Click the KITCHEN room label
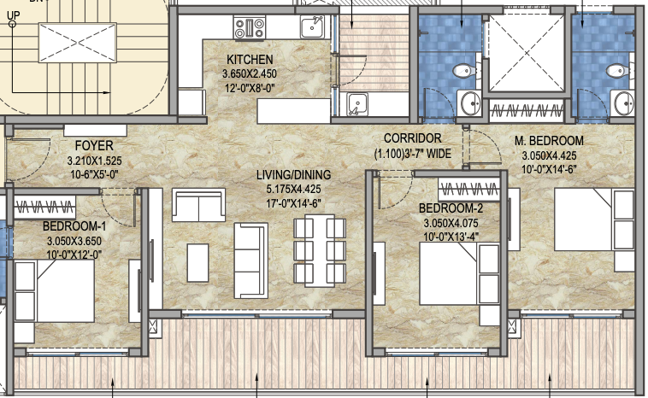pos(250,60)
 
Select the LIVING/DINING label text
pos(293,175)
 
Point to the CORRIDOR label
pos(412,138)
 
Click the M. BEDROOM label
pos(549,141)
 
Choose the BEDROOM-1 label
pos(74,226)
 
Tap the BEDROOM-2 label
pos(451,208)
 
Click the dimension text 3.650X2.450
pos(250,73)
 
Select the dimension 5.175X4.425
pos(293,190)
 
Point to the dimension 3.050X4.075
pos(451,223)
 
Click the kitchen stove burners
pos(252,28)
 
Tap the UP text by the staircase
pos(12,15)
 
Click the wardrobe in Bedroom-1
pos(44,206)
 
